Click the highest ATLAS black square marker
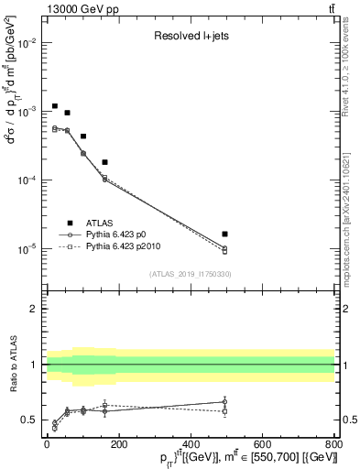pos(55,106)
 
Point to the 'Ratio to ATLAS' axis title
pos(13,365)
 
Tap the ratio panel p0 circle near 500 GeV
pos(225,401)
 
